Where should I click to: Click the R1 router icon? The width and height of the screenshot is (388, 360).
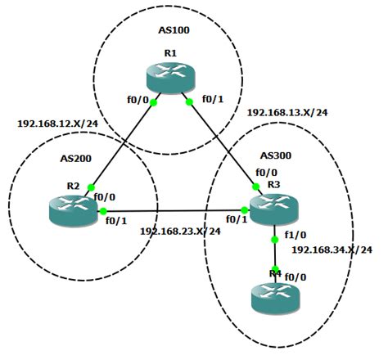coord(172,80)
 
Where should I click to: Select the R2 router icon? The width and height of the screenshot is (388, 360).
coord(72,209)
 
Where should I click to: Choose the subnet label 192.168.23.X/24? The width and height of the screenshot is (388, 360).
coord(181,232)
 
